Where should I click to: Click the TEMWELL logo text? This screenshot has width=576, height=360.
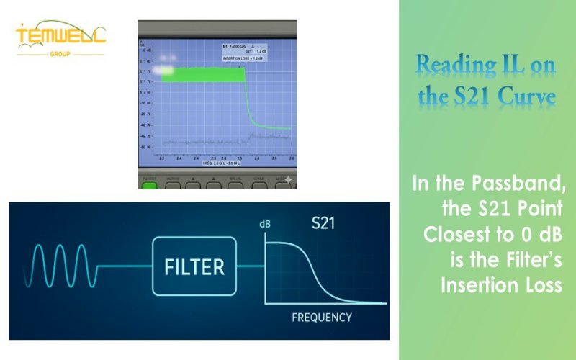[x=60, y=36]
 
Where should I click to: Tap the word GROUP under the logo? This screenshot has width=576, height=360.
[x=60, y=53]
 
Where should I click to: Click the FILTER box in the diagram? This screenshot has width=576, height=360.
[x=194, y=267]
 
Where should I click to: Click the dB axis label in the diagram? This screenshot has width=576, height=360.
[x=265, y=225]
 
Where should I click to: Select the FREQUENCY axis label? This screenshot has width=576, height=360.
[x=322, y=317]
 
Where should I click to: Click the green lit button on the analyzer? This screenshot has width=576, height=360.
[x=149, y=186]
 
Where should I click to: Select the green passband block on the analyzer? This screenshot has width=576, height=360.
[x=202, y=74]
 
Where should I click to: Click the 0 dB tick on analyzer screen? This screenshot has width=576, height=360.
[x=146, y=51]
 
